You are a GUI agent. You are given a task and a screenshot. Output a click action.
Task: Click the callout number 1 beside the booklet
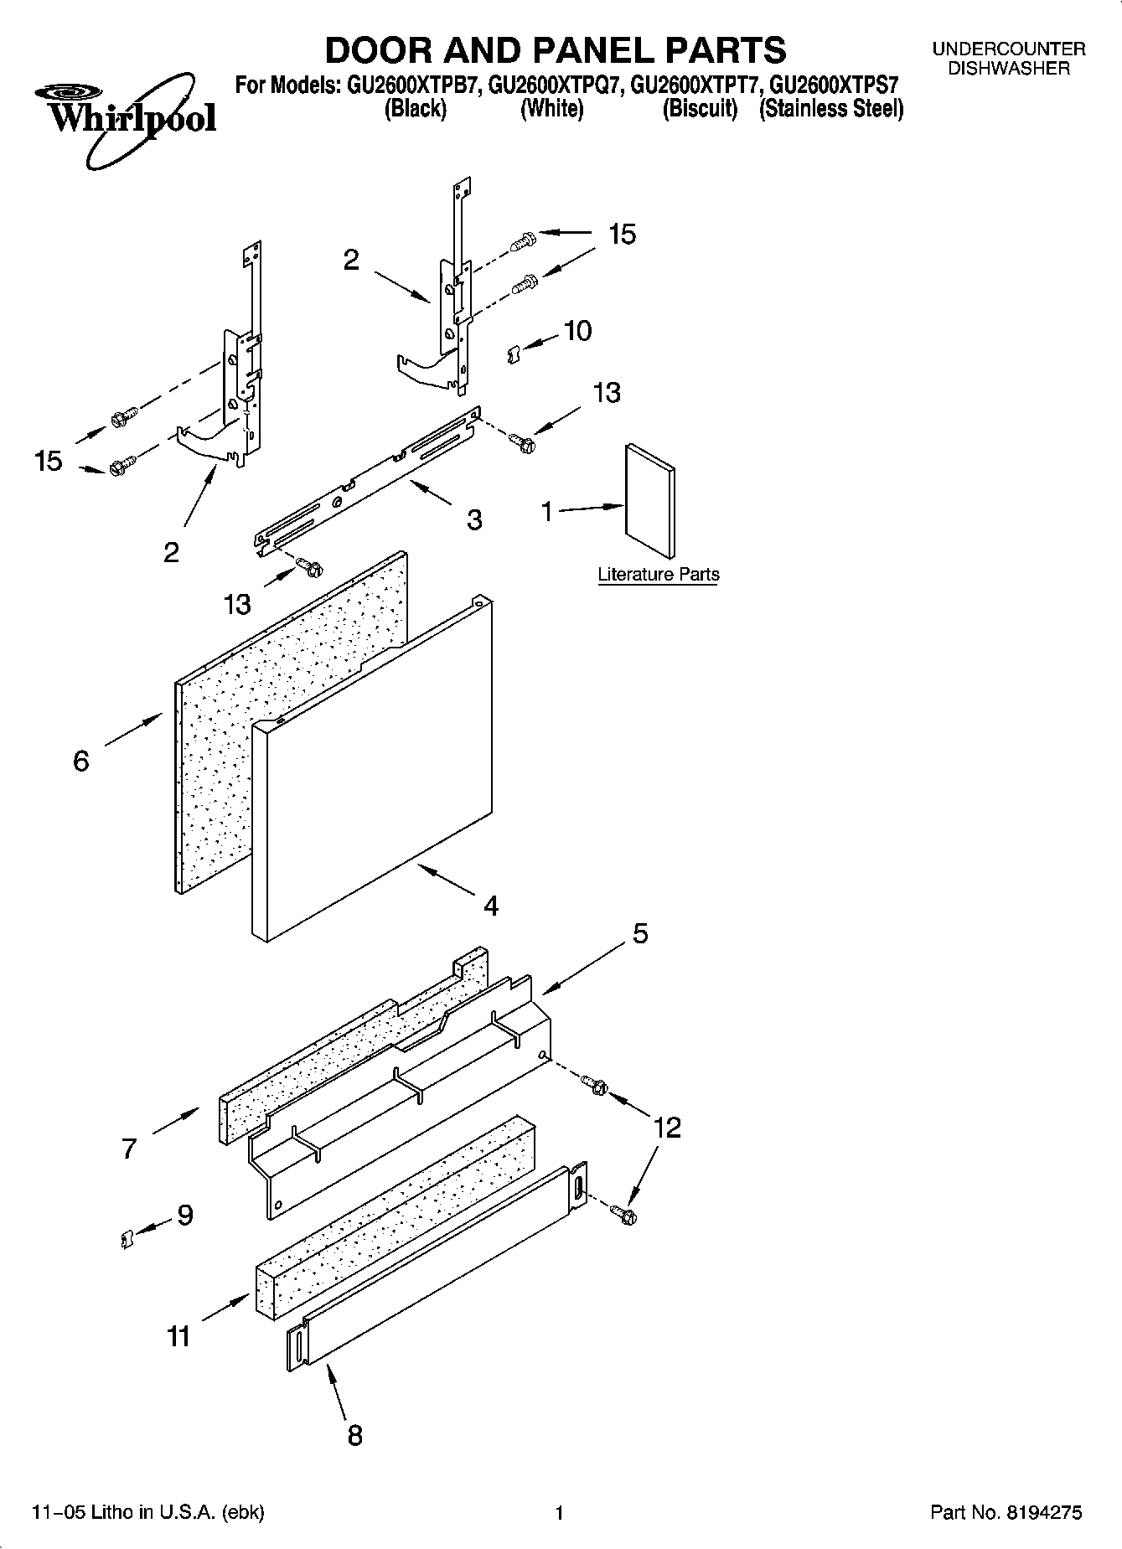(547, 510)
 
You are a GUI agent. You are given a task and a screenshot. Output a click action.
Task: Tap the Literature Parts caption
(658, 575)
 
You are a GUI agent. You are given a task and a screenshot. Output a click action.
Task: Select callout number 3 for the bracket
(474, 520)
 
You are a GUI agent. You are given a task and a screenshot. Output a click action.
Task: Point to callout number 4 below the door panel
(491, 906)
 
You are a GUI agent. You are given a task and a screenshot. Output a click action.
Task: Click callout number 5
(640, 933)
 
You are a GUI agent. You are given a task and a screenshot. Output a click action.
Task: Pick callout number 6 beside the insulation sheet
(81, 761)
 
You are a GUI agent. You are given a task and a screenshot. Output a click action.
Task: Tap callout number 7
(128, 1148)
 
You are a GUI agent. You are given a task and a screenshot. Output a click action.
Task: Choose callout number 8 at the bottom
(354, 1436)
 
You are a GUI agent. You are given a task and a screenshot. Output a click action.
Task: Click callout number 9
(185, 1215)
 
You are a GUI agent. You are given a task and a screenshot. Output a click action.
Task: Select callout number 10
(577, 331)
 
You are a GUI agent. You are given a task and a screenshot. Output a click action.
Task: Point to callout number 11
(178, 1336)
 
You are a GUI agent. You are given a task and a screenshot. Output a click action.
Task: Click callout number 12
(667, 1128)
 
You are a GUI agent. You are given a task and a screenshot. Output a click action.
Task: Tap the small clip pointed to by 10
(514, 356)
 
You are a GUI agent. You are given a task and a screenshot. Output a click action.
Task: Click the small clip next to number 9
(127, 1237)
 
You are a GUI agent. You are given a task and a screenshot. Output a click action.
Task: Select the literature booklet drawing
(649, 501)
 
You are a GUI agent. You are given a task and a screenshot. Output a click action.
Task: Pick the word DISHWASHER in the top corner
(1008, 69)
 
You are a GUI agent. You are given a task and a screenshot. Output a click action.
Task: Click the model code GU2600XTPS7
(834, 85)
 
